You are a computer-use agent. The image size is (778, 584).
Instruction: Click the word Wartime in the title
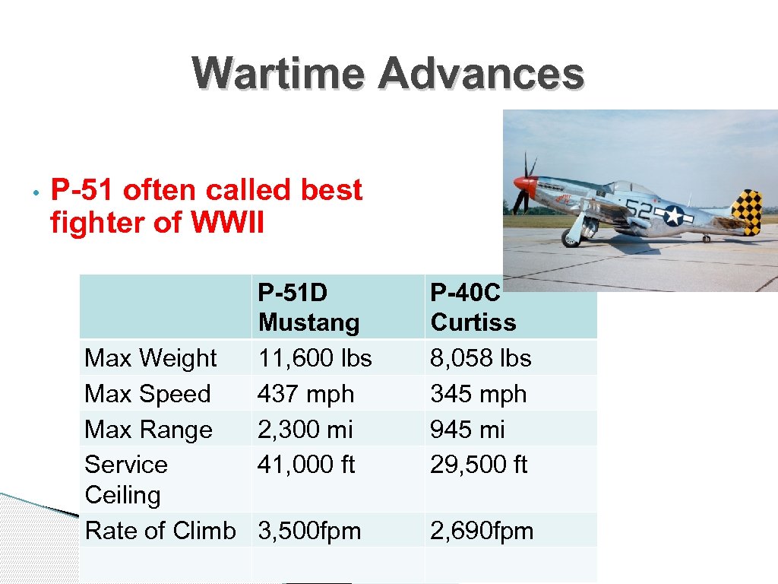pyautogui.click(x=279, y=74)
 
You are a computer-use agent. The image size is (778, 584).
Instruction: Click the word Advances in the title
pyautogui.click(x=481, y=74)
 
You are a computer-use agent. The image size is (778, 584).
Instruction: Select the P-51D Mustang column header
pyautogui.click(x=308, y=307)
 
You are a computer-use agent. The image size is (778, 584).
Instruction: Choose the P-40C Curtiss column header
pyautogui.click(x=473, y=307)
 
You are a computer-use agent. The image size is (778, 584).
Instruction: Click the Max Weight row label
pyautogui.click(x=150, y=357)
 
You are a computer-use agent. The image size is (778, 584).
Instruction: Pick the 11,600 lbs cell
pyautogui.click(x=315, y=357)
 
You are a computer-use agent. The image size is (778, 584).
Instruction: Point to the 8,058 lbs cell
pyautogui.click(x=480, y=357)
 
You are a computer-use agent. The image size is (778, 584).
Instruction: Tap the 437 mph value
pyautogui.click(x=306, y=394)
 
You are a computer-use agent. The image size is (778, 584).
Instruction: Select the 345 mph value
pyautogui.click(x=478, y=394)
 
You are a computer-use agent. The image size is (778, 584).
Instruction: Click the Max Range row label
pyautogui.click(x=148, y=430)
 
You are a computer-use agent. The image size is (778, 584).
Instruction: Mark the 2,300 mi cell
pyautogui.click(x=305, y=430)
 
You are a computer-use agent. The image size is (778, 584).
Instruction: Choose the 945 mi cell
pyautogui.click(x=467, y=430)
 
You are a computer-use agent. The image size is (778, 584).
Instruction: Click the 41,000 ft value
pyautogui.click(x=306, y=465)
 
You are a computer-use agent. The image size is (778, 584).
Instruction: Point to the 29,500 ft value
pyautogui.click(x=478, y=465)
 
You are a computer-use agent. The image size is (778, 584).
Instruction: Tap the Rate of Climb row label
pyautogui.click(x=160, y=531)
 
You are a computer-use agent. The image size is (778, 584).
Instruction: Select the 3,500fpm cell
pyautogui.click(x=309, y=531)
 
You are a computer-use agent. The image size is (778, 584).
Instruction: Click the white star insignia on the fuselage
pyautogui.click(x=673, y=216)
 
